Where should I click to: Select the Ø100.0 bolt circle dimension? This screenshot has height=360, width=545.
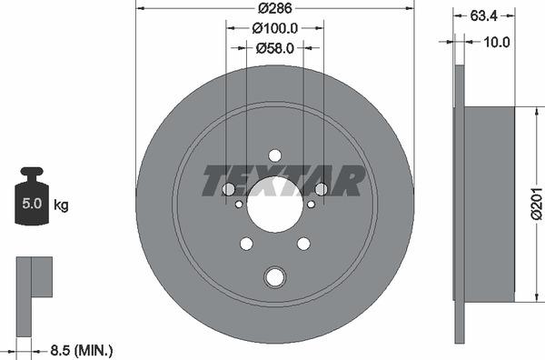click(x=274, y=29)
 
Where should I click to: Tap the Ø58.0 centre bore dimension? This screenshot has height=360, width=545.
click(x=274, y=49)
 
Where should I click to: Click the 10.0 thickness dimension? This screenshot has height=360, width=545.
click(x=496, y=42)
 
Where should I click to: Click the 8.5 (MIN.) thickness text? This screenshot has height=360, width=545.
click(x=81, y=349)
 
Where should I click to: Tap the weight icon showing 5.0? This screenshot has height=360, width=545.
click(x=31, y=197)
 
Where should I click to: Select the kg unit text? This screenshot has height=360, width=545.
click(x=61, y=205)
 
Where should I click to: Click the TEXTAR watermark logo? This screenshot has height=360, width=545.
click(x=282, y=181)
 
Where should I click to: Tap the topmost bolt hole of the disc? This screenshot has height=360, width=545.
click(x=274, y=155)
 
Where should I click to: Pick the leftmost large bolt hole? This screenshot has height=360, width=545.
click(x=228, y=189)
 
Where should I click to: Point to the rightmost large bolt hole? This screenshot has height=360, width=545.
click(x=321, y=189)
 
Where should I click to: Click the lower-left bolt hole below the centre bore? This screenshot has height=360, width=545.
click(x=246, y=243)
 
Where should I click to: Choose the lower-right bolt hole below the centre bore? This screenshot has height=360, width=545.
click(x=303, y=243)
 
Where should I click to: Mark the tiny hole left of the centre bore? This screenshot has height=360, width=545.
click(x=238, y=205)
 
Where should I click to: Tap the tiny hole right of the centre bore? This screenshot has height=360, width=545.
click(x=311, y=205)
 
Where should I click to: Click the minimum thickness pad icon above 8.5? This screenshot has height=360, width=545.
click(x=35, y=277)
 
